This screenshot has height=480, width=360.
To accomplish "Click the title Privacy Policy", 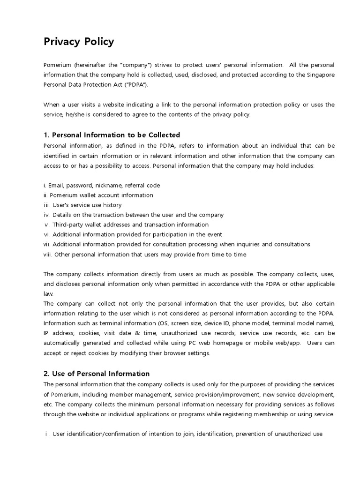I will click(x=79, y=42).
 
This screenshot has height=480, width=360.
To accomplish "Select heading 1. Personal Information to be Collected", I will click(x=112, y=135).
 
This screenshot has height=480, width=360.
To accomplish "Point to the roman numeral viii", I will click(x=47, y=255).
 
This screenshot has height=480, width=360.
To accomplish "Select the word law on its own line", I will click(x=47, y=293).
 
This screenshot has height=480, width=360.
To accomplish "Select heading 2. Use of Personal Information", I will click(x=97, y=374).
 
